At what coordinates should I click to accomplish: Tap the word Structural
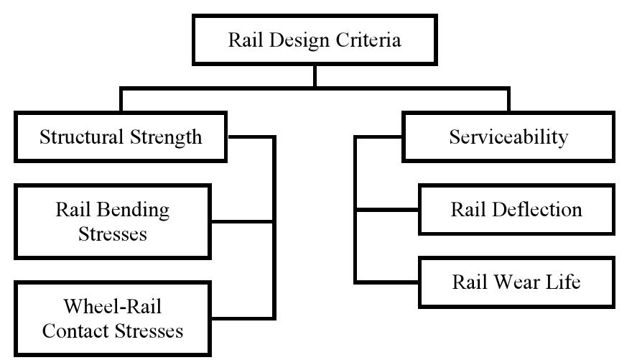(x=79, y=137)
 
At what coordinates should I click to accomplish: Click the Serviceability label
(x=508, y=137)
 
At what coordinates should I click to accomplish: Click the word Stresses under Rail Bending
(x=113, y=234)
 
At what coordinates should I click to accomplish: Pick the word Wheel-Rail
(x=113, y=307)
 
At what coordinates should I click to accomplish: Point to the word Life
(x=564, y=282)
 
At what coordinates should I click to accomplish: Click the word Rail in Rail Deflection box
(x=468, y=210)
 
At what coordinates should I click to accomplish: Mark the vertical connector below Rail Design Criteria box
(x=315, y=76)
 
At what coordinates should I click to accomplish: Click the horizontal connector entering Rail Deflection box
(x=388, y=210)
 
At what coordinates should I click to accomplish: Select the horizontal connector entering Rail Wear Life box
(x=388, y=282)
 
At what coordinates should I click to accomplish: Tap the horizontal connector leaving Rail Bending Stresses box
(x=242, y=222)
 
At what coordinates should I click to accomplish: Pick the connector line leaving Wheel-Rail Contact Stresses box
(x=242, y=317)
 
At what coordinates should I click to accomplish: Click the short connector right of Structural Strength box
(x=250, y=137)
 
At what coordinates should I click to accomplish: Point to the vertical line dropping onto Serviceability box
(x=508, y=101)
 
